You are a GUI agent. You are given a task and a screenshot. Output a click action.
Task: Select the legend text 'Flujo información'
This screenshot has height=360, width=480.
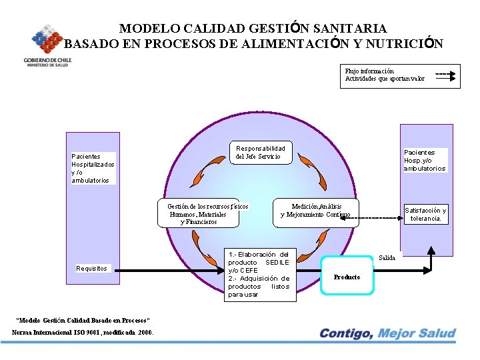pos(369,71)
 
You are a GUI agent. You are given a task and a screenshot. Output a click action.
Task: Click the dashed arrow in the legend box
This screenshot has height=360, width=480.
pos(447,73)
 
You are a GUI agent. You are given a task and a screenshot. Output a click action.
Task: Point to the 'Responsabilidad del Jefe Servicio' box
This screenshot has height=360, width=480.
pos(260,153)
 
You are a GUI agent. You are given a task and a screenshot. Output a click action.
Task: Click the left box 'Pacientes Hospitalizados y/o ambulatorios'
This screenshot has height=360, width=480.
pos(93,168)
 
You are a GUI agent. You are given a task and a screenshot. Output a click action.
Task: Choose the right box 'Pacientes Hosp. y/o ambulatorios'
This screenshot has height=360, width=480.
pos(425,161)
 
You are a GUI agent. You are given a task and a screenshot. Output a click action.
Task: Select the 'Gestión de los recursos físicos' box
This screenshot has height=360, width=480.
pos(203,214)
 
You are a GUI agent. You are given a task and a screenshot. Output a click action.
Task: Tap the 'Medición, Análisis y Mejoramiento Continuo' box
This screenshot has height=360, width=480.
pos(316,211)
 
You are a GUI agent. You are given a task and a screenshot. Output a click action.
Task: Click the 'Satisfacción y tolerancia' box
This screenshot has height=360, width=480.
pos(426,214)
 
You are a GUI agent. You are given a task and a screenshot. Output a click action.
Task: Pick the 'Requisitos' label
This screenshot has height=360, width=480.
pos(91,269)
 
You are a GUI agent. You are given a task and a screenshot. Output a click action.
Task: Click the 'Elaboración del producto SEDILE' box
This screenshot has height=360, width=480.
pos(259,274)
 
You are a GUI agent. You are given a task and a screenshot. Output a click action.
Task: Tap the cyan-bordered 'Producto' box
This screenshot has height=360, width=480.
pos(347,276)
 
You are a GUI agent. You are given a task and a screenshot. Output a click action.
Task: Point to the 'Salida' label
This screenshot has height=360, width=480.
pos(387,257)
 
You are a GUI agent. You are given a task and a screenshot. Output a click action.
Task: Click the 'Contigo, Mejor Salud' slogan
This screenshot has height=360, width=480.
pos(387,333)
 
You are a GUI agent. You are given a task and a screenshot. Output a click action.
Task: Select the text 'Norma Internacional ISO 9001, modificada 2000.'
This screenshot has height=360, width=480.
pos(83,332)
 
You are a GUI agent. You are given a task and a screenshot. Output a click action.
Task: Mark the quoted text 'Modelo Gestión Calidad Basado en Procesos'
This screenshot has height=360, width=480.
pos(83,321)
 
